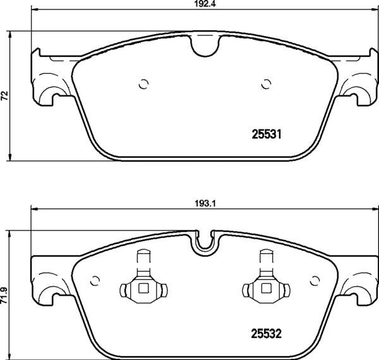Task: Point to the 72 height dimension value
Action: point(4,95)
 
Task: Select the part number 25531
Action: point(267,135)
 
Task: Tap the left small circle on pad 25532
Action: point(96,280)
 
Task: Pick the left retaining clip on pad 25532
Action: point(142,281)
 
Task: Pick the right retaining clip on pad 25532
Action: point(265,281)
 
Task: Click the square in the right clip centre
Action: point(265,289)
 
